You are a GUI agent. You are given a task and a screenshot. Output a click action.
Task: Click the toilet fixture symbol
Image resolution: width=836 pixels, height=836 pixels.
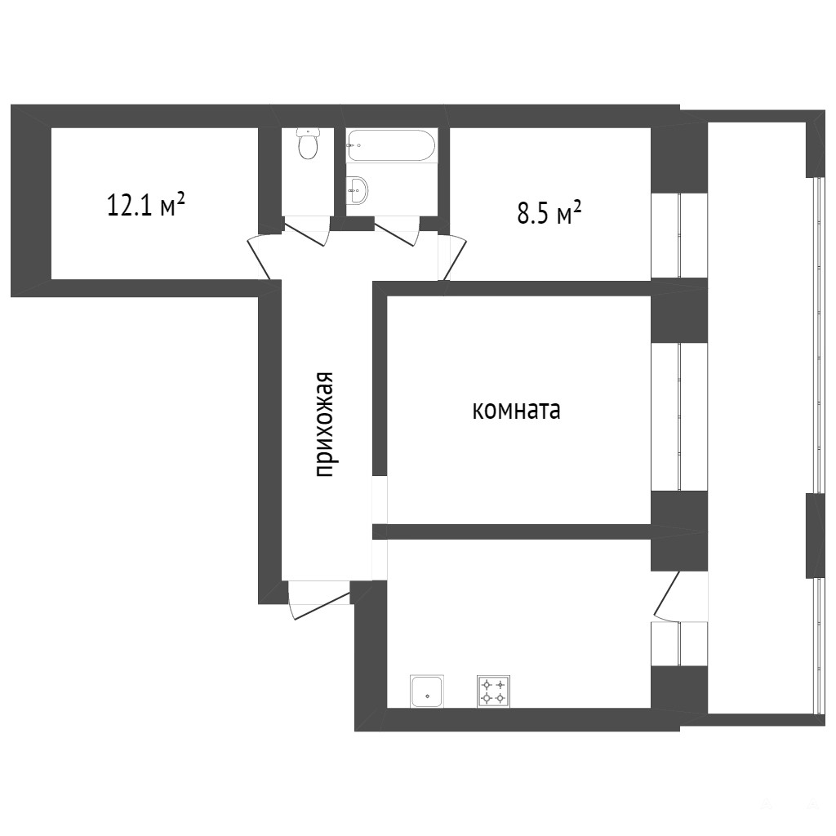(x=308, y=144)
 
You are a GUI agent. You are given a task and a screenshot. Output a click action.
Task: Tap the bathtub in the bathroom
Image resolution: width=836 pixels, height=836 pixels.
(x=391, y=145)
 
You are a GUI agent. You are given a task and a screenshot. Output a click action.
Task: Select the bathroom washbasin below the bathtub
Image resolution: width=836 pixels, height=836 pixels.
(x=357, y=189)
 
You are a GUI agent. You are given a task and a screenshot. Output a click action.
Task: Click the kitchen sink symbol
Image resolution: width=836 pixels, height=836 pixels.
(x=426, y=691)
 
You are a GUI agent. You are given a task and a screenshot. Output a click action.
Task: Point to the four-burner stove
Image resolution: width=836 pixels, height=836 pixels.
(x=493, y=691)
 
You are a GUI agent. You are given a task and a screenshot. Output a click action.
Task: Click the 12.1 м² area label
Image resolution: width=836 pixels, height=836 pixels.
(x=146, y=204)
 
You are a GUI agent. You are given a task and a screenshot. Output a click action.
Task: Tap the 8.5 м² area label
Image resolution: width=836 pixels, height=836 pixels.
(x=549, y=213)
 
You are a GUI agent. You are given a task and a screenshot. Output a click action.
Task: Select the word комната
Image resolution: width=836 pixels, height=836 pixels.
(x=516, y=411)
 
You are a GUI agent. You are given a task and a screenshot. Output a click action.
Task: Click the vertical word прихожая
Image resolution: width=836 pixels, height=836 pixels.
(x=323, y=425)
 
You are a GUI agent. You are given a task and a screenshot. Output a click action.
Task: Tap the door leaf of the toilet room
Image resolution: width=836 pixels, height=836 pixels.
(x=304, y=234)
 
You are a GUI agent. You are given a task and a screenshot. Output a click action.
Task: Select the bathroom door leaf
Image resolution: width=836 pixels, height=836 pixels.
(x=396, y=234)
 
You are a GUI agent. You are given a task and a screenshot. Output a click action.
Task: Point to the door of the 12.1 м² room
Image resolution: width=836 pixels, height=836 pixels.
(x=260, y=259)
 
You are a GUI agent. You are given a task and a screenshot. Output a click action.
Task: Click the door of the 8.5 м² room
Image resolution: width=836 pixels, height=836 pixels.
(x=454, y=258)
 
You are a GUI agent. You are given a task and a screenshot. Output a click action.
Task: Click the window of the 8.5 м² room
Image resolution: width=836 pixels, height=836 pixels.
(x=679, y=235)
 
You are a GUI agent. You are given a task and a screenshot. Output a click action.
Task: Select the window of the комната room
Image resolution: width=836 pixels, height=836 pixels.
(x=679, y=416)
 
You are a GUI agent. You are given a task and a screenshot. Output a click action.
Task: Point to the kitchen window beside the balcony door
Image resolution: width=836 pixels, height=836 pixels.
(x=679, y=643)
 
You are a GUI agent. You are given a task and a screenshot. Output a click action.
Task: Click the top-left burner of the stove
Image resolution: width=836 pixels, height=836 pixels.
(x=487, y=685)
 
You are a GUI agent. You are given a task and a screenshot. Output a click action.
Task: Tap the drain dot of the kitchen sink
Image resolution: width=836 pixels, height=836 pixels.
(x=427, y=696)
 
